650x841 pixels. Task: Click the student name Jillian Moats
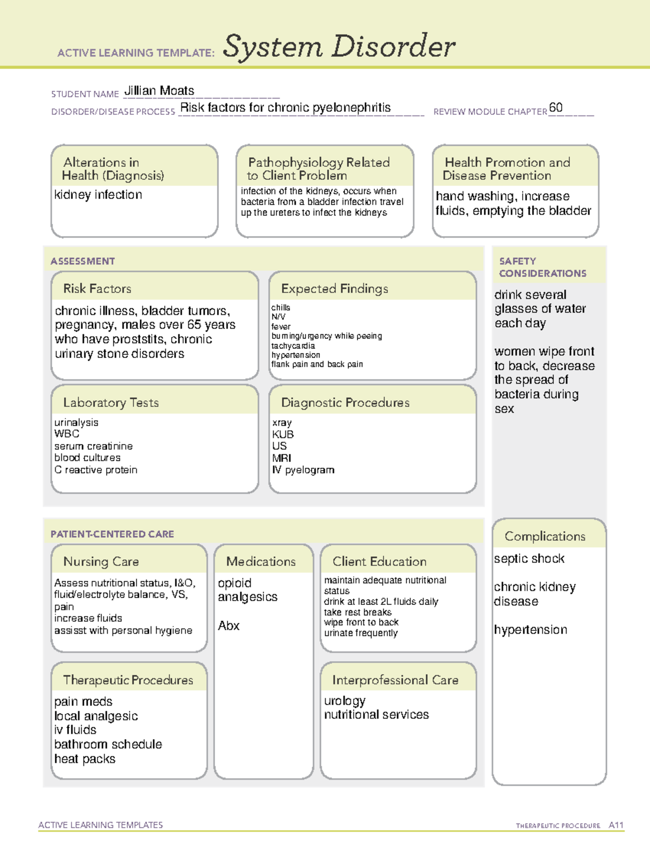159,91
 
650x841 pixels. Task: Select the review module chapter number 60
556,107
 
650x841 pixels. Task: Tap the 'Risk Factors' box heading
97,289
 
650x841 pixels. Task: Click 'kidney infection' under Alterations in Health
98,194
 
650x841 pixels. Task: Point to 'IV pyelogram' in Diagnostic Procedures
303,470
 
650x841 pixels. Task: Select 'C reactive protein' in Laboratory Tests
96,470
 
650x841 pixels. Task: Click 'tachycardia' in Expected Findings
292,345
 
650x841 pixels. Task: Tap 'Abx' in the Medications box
229,625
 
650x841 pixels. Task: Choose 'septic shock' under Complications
529,558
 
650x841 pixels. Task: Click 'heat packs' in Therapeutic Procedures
84,759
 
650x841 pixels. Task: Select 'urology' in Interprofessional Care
344,701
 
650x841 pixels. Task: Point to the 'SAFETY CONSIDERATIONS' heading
542,268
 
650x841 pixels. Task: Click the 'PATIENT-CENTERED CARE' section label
112,534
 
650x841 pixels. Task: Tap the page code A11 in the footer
616,825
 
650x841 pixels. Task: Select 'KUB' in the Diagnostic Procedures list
283,434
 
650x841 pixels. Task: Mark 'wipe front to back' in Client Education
361,622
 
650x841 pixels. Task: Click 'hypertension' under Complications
530,630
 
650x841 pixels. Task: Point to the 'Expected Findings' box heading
334,289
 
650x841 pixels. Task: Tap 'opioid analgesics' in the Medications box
247,590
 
